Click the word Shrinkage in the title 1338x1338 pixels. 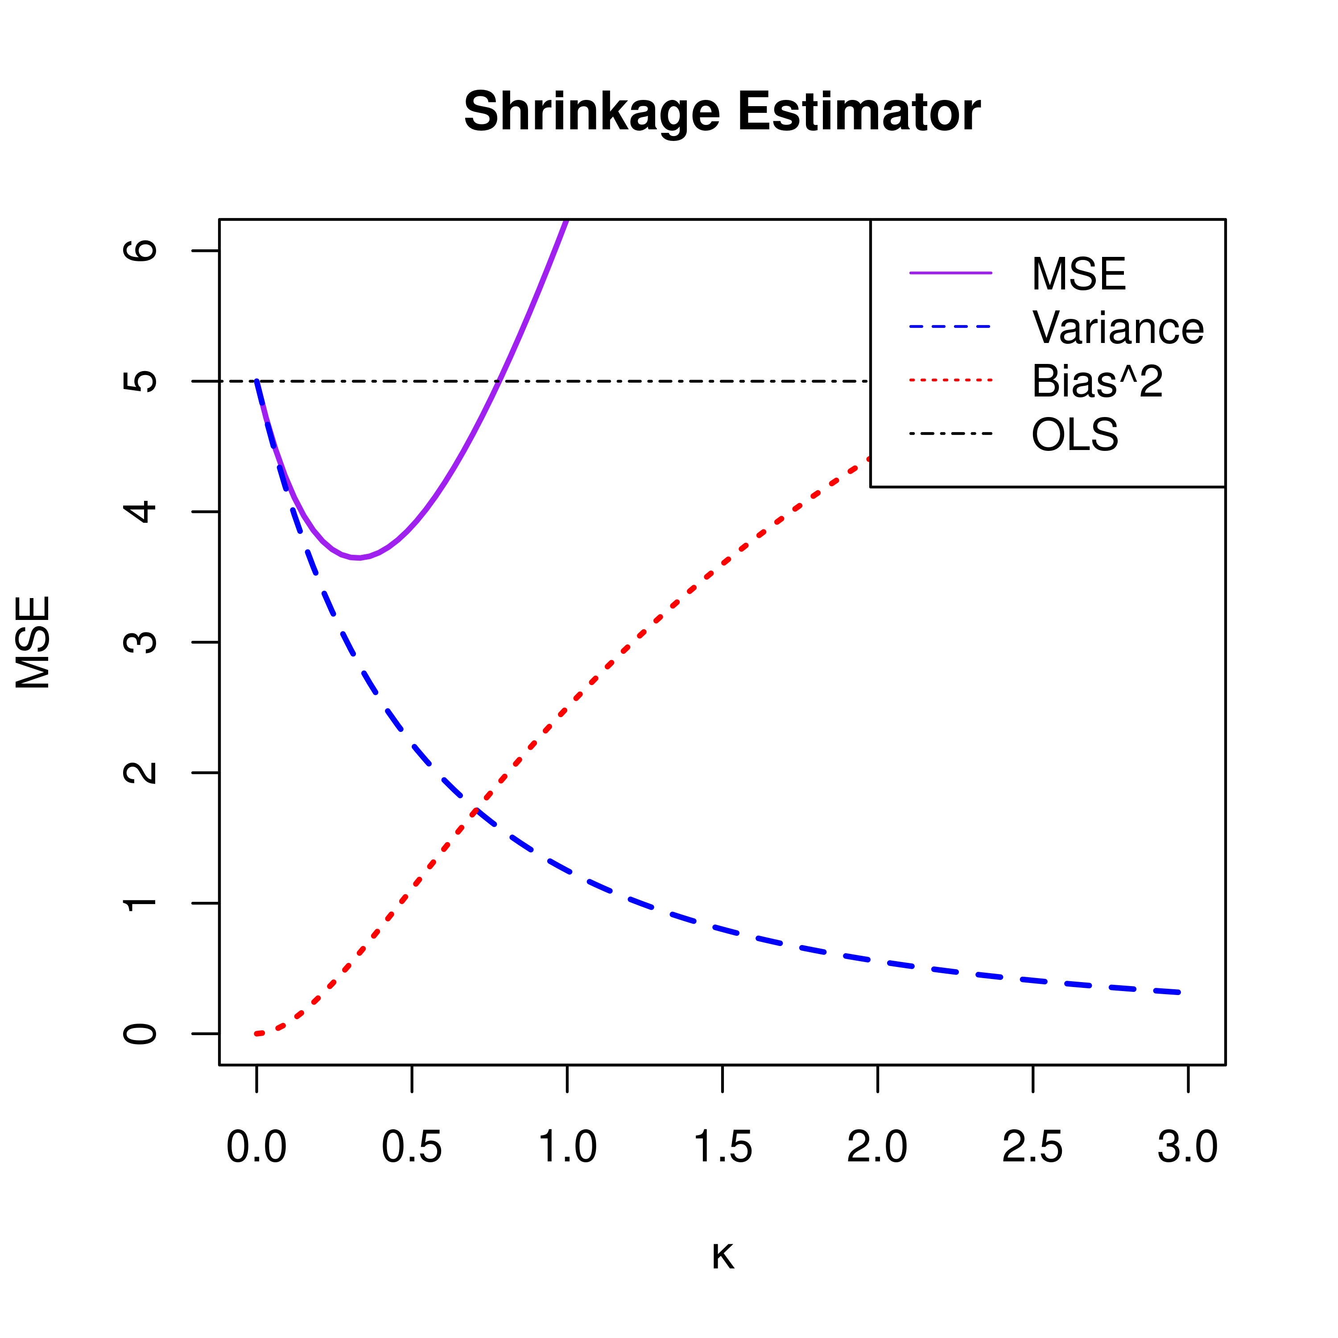pyautogui.click(x=592, y=112)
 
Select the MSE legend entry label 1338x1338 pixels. pyautogui.click(x=1078, y=274)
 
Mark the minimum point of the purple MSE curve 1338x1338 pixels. pyautogui.click(x=357, y=557)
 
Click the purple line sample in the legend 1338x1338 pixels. pyautogui.click(x=951, y=273)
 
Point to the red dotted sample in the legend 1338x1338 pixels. pyautogui.click(x=951, y=380)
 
